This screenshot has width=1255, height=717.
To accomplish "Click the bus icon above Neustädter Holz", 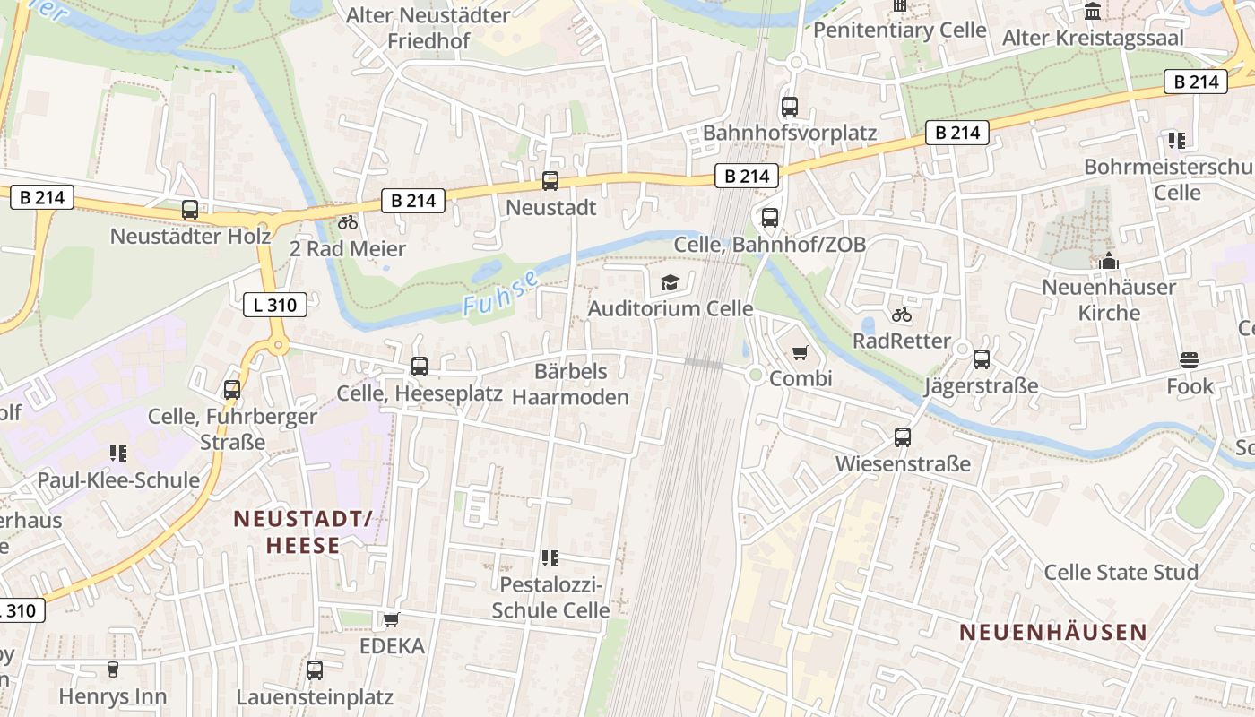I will [x=190, y=210].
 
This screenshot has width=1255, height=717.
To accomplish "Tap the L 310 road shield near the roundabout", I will [x=275, y=305].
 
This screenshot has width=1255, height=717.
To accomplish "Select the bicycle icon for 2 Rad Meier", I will [x=348, y=222].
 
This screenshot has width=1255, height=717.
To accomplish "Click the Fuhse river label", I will [x=501, y=292].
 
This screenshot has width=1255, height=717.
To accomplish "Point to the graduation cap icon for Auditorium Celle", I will [x=670, y=283].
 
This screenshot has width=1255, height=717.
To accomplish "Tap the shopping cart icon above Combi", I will [x=800, y=353].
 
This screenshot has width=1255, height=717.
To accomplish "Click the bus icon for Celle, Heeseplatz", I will [x=420, y=366].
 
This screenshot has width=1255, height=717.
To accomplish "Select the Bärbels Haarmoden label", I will [x=571, y=384].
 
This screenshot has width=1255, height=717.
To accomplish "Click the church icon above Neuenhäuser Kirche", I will [x=1109, y=262].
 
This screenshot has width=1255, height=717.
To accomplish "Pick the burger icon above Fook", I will [x=1190, y=360].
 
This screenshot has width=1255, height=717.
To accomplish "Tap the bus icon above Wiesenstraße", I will [x=903, y=437].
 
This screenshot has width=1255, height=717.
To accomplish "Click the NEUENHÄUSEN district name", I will [x=1053, y=632].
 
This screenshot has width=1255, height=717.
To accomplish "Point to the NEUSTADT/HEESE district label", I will [x=302, y=531].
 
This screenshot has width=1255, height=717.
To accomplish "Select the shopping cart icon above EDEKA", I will [x=392, y=619].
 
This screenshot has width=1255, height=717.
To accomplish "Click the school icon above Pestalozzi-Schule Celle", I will [x=550, y=558].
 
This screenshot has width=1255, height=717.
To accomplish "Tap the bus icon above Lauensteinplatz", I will [x=315, y=669].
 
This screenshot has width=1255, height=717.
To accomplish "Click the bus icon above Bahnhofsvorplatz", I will [x=790, y=106].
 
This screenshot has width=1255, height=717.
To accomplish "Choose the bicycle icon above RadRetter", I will [x=902, y=315].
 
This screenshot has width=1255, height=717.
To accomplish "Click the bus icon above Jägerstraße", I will [x=982, y=359].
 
